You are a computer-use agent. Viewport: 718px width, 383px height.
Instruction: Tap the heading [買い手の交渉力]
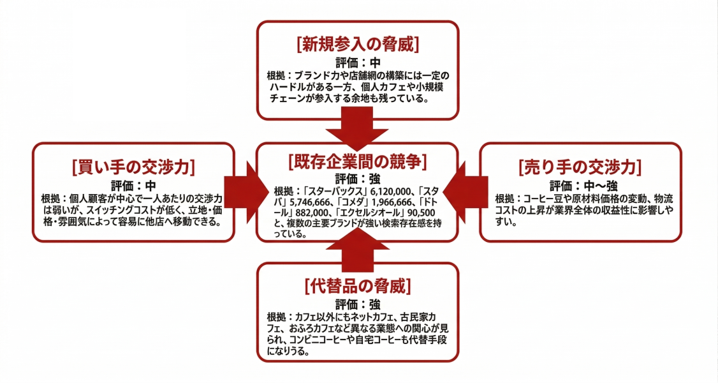coord(133,167)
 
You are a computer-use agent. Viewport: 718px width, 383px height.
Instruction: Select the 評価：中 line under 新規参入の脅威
coord(358,63)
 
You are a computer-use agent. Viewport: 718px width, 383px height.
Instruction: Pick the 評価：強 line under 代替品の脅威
coord(358,304)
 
